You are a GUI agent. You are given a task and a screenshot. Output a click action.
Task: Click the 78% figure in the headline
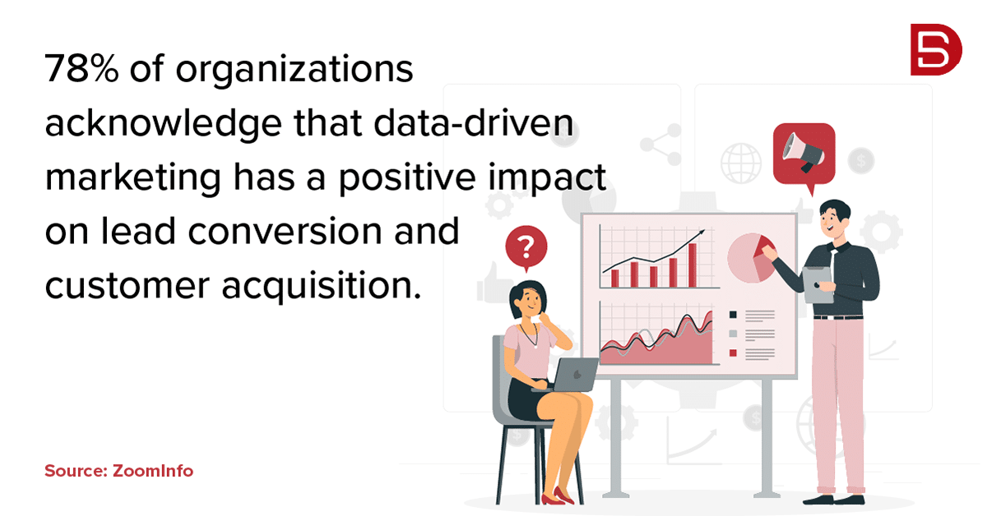point(81,68)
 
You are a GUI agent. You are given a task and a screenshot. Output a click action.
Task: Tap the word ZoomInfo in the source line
point(153,471)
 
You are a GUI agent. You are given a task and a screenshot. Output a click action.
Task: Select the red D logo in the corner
point(936,49)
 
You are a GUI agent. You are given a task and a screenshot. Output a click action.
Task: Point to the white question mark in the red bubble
point(526,247)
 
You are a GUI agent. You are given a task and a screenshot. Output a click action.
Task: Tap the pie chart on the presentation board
point(751,258)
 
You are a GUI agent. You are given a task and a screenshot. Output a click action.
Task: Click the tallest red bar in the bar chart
point(693,265)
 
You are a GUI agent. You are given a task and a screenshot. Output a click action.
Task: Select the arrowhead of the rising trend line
point(701,232)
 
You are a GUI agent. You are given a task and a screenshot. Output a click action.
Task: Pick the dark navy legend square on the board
point(733,315)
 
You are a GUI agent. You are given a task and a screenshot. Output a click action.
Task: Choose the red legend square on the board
point(733,352)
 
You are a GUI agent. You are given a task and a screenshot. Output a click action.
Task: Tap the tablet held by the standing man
point(818,285)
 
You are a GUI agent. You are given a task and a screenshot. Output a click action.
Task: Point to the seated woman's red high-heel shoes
point(557,496)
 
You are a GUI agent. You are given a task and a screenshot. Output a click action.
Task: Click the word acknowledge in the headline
point(163,123)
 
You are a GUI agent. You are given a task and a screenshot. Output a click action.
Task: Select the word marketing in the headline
point(133,177)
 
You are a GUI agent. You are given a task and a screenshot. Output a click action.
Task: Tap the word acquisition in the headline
point(322,286)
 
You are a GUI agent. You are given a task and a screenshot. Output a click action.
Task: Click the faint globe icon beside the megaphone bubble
point(741,164)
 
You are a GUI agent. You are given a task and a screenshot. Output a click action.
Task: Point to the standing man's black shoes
point(833,500)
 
